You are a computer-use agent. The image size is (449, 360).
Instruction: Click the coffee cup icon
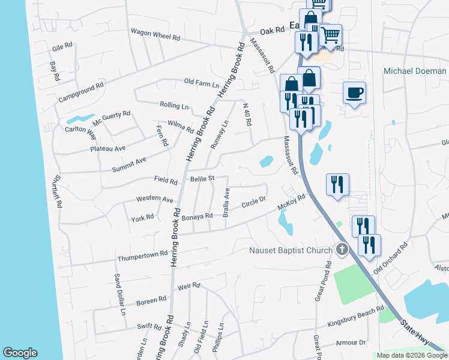[354, 93]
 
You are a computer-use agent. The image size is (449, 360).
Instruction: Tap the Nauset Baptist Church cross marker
[342, 249]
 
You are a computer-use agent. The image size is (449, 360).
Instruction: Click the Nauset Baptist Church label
[292, 250]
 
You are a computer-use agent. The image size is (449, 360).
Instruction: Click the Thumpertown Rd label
[142, 256]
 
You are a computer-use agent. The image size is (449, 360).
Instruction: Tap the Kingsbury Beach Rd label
[355, 317]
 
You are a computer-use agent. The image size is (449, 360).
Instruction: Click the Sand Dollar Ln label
[120, 294]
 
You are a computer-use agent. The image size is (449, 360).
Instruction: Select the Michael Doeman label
[415, 71]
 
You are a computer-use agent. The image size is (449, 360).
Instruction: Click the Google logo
[20, 353]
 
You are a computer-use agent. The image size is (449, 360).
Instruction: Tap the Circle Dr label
[253, 203]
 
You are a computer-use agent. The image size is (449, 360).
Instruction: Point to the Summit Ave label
[129, 164]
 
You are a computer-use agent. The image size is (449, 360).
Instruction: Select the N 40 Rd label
[247, 114]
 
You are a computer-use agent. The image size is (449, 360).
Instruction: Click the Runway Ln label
[220, 134]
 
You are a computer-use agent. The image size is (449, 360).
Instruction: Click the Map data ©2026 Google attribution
[412, 355]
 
